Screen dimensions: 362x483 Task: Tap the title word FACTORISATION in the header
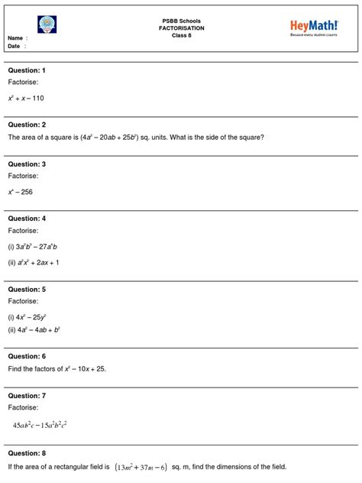181,27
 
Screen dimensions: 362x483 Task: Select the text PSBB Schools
181,19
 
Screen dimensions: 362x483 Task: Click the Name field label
16,37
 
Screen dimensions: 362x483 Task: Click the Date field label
15,46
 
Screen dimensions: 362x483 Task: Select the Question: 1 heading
27,70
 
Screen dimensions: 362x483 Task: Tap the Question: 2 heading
27,125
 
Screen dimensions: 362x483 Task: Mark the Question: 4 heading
27,219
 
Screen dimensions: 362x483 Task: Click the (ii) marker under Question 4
12,262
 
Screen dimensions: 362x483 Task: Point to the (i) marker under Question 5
11,316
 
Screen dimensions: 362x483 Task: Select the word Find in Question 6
15,369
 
